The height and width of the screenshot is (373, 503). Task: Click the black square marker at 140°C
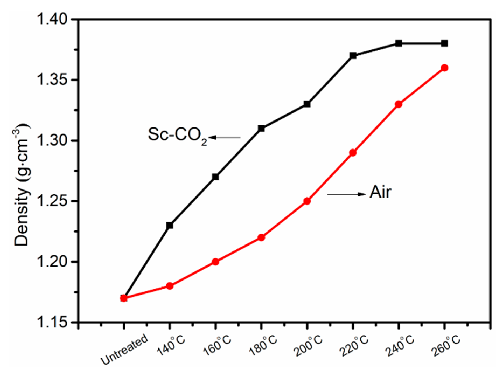pyautogui.click(x=170, y=225)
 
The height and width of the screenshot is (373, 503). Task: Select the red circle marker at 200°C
pyautogui.click(x=307, y=201)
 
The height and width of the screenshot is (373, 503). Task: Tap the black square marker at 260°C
pyautogui.click(x=444, y=43)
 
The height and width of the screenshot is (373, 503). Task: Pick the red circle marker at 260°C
pyautogui.click(x=444, y=68)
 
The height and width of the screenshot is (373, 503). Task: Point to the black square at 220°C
pyautogui.click(x=353, y=56)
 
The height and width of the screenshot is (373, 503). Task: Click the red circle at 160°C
pyautogui.click(x=215, y=262)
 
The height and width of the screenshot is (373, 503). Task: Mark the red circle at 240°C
pyautogui.click(x=399, y=104)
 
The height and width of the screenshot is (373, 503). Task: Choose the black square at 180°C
pyautogui.click(x=261, y=128)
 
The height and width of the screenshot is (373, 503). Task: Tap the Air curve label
pyautogui.click(x=380, y=192)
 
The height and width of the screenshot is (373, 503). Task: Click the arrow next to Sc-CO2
pyautogui.click(x=224, y=138)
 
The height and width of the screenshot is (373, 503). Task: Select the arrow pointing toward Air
pyautogui.click(x=346, y=194)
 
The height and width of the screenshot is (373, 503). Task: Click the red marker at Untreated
pyautogui.click(x=124, y=298)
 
